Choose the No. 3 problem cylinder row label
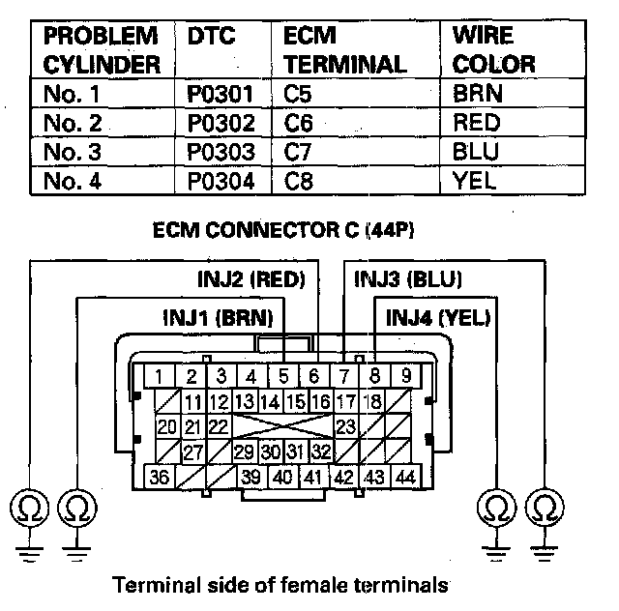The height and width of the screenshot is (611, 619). pos(73,152)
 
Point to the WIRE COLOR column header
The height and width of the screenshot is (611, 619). pos(493,50)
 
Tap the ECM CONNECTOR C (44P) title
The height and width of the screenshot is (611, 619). pos(290,233)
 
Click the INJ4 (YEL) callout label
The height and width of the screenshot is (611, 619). pos(437,316)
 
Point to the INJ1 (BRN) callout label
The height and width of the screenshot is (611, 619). pos(218,316)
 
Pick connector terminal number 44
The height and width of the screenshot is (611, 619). pos(405,477)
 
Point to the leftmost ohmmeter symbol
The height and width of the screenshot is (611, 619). pos(24,508)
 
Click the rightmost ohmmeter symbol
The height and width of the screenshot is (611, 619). pos(545,508)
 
